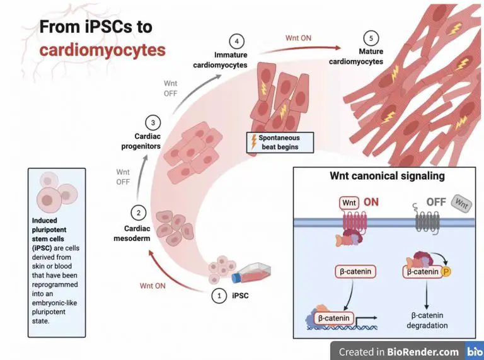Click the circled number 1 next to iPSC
coord(219,295)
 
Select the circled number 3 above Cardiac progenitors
coord(153,122)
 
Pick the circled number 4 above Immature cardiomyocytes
coord(236,42)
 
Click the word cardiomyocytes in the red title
coord(102,50)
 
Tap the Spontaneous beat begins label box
coord(274,142)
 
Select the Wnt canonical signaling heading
coord(387,176)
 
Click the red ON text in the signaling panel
coord(372,203)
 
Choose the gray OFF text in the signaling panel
coord(436,202)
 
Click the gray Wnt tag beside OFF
coord(462,204)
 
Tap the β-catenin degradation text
coord(420,320)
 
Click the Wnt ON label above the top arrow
coord(298,38)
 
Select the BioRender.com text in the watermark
coord(423,352)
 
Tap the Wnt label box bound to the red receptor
coord(349,203)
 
